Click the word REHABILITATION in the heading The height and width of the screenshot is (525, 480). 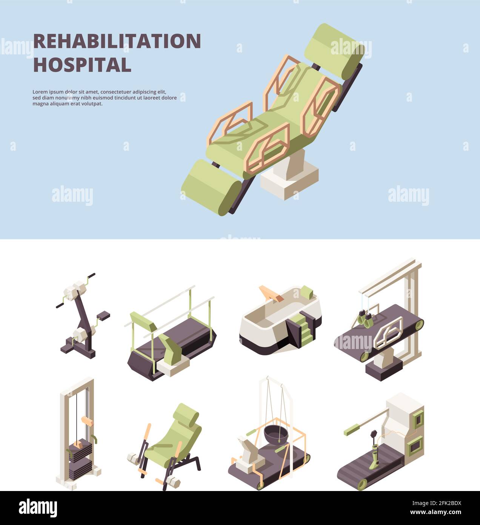tap(117, 41)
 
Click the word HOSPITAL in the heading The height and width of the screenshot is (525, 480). tap(82, 65)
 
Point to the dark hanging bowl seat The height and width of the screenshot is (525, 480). tap(275, 433)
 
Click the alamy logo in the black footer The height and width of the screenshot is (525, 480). tap(38, 508)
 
